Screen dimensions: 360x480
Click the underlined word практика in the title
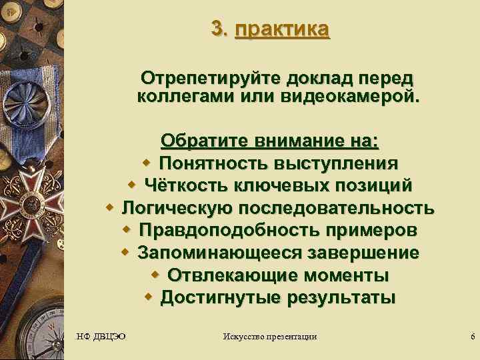(x=282, y=29)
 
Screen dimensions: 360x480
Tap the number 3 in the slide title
(x=218, y=29)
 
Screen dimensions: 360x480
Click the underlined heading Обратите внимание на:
(x=269, y=141)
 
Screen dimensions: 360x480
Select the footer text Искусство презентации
(x=269, y=337)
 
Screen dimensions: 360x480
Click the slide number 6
(x=472, y=337)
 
